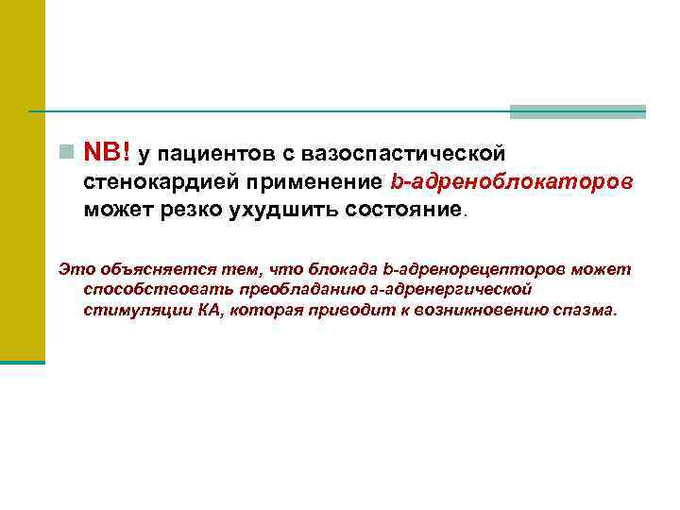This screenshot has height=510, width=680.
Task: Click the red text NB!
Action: (x=108, y=152)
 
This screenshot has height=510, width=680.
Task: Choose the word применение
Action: (x=306, y=180)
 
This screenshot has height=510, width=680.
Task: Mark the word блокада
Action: (x=321, y=269)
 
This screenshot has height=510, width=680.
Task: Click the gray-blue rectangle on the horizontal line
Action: (x=578, y=111)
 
